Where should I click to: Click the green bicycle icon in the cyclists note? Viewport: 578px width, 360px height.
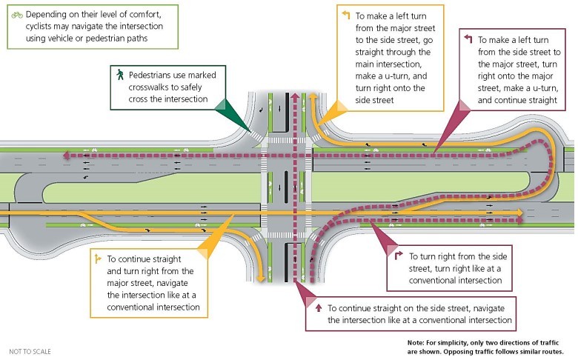coord(16,13)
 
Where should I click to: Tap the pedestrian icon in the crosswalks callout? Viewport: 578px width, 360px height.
coord(118,75)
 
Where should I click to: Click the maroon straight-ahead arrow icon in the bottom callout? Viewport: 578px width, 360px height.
coord(317,307)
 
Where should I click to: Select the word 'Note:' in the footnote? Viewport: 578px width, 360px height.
coord(416,341)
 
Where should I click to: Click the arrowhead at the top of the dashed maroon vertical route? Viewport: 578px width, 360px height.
coord(296,96)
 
